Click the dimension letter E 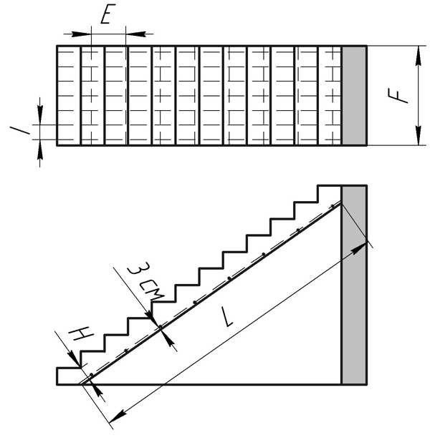point(107,14)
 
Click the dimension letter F point(398,95)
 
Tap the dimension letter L point(226,317)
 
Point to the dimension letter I point(19,130)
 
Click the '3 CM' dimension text point(145,282)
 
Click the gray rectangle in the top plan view point(354,95)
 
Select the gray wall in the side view point(354,285)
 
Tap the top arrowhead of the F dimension point(418,55)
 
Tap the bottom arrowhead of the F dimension point(418,136)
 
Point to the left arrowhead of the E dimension point(81,34)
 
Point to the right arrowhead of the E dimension point(135,34)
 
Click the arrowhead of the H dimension point(75,358)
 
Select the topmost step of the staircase point(329,194)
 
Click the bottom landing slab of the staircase point(69,376)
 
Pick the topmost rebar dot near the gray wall point(333,206)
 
